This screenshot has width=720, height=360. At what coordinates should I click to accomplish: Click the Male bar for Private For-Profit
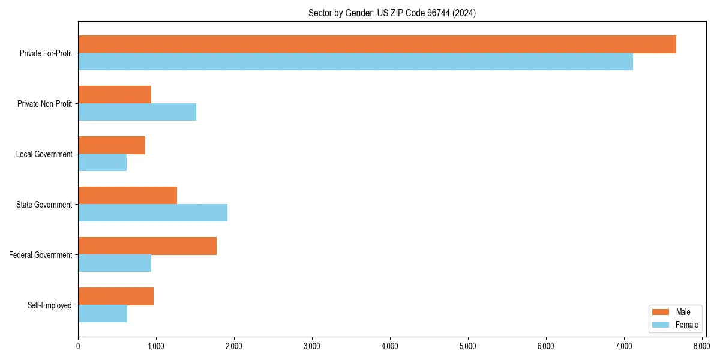pyautogui.click(x=377, y=44)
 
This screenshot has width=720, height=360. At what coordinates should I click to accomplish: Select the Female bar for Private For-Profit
pyautogui.click(x=355, y=62)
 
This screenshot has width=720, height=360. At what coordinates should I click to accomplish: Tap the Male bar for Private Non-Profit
pyautogui.click(x=115, y=95)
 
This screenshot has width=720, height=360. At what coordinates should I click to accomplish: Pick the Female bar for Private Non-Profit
pyautogui.click(x=137, y=112)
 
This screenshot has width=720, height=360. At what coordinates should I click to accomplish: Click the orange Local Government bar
pyautogui.click(x=112, y=145)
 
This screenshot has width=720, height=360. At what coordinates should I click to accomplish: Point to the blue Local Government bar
pyautogui.click(x=102, y=163)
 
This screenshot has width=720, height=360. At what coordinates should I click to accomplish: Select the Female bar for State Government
pyautogui.click(x=152, y=213)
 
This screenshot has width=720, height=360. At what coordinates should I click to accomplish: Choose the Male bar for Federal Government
pyautogui.click(x=147, y=246)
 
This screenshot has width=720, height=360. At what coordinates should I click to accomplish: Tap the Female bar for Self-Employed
pyautogui.click(x=103, y=314)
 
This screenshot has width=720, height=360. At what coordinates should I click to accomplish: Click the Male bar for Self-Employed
pyautogui.click(x=116, y=296)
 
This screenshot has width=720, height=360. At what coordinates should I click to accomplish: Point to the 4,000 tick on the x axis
pyautogui.click(x=390, y=346)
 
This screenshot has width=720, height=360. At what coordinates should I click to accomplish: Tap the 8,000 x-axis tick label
pyautogui.click(x=701, y=346)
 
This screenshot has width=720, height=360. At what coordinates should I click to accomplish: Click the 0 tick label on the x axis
pyautogui.click(x=78, y=346)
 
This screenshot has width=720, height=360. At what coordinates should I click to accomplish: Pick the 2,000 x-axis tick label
pyautogui.click(x=234, y=346)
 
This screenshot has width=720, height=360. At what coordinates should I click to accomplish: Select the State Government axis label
pyautogui.click(x=44, y=205)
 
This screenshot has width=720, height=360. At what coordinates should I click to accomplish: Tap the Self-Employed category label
pyautogui.click(x=50, y=305)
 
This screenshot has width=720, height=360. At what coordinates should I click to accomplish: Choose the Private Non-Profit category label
pyautogui.click(x=45, y=104)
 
